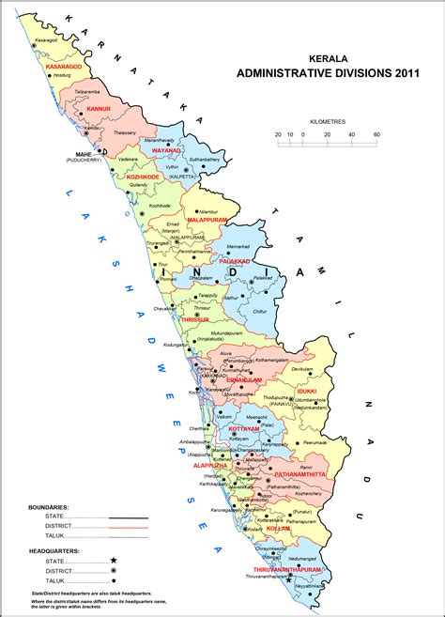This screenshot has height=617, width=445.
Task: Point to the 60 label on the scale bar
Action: (x=376, y=134)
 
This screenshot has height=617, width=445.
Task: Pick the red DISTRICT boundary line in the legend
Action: (x=129, y=527)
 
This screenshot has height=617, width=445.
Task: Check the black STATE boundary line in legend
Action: (x=129, y=517)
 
